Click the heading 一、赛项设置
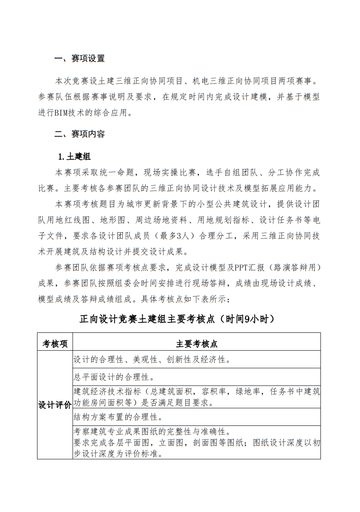[x=79, y=59]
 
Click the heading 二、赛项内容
[x=79, y=134]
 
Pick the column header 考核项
[x=55, y=344]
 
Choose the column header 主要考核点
[x=196, y=344]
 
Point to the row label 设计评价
[x=55, y=405]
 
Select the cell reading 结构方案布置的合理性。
[x=118, y=417]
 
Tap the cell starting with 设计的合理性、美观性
[x=153, y=359]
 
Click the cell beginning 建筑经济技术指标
[x=196, y=397]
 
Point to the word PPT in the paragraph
[x=242, y=267]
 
